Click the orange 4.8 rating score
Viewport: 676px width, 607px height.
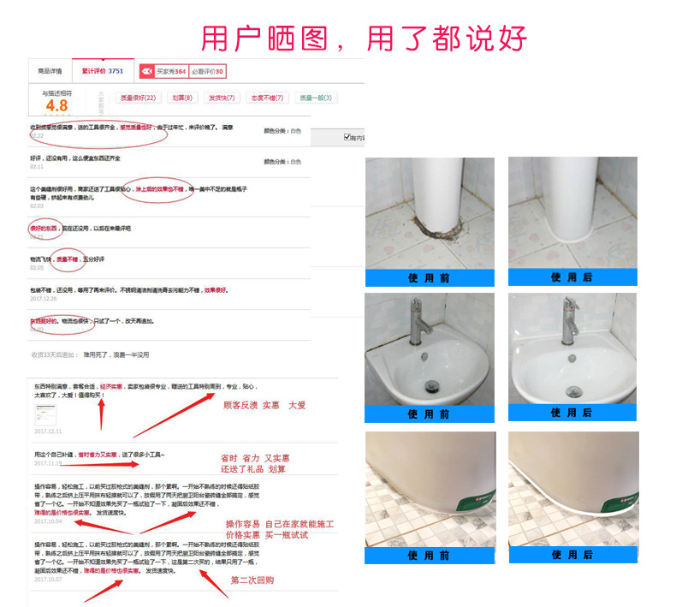(57, 105)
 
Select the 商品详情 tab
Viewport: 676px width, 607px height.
(50, 71)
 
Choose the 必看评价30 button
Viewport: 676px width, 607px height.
(208, 72)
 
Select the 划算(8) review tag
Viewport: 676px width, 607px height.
(181, 98)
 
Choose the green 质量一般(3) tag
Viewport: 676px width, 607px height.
(316, 98)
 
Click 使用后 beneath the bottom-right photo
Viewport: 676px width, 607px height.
(572, 555)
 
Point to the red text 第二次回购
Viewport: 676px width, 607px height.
(252, 580)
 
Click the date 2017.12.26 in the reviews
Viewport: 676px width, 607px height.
(43, 298)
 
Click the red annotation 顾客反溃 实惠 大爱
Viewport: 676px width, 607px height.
(264, 405)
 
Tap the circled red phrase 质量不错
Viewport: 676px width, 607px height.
(68, 259)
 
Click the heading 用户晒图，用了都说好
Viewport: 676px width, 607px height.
(364, 38)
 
